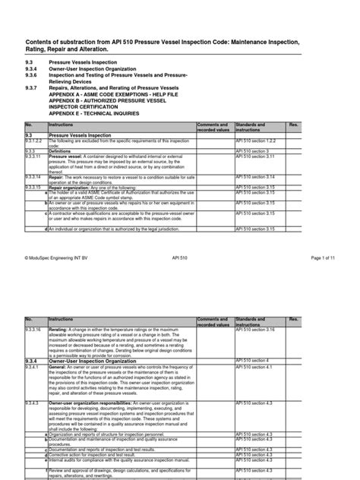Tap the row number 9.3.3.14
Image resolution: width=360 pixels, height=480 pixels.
[34, 177]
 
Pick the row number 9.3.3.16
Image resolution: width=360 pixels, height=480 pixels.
[34, 330]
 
